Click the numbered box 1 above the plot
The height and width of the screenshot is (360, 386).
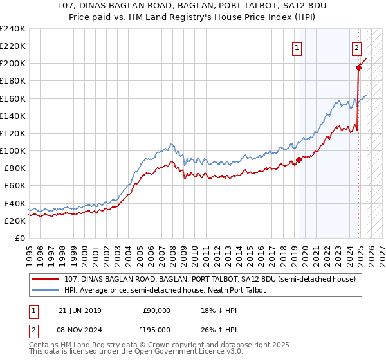click(x=297, y=47)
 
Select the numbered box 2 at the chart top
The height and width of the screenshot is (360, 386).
click(x=356, y=47)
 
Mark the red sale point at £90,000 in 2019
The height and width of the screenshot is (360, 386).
click(x=299, y=160)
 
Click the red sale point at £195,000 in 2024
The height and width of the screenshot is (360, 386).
click(x=358, y=68)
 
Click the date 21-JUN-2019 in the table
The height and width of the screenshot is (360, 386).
click(x=80, y=310)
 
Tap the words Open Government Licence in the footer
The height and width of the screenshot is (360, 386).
click(x=181, y=352)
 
